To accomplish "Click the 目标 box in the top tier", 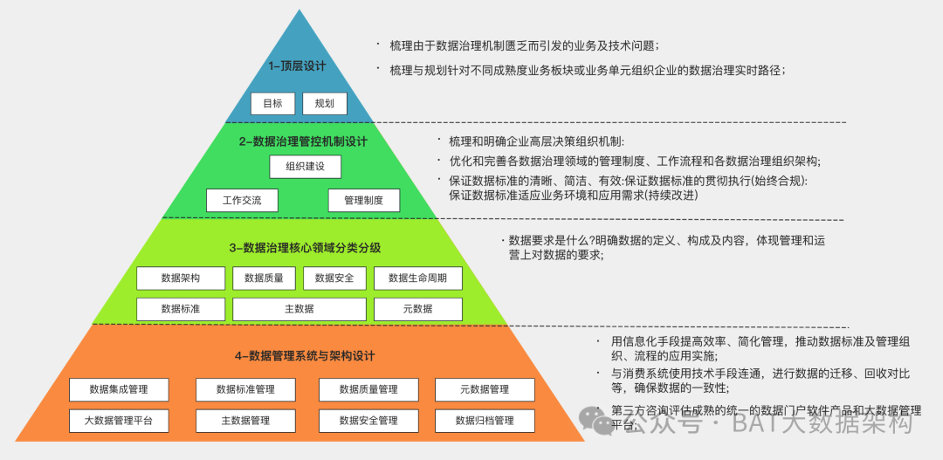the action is [x=272, y=104].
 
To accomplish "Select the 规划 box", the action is [x=325, y=104].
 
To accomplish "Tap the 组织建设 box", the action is [x=305, y=167].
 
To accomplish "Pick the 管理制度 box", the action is [x=364, y=200].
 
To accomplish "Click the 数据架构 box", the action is [x=181, y=278].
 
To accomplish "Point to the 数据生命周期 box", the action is [x=417, y=278].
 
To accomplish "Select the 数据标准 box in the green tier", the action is [x=181, y=309].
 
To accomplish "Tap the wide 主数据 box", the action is [x=299, y=309].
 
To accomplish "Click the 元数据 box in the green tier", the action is [x=417, y=309].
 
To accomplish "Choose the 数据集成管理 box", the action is [x=119, y=389].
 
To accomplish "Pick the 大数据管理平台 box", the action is [x=119, y=421].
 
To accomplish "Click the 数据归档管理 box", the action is [x=485, y=421].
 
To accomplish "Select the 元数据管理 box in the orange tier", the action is [x=485, y=389].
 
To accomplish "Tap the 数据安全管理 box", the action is [x=368, y=421].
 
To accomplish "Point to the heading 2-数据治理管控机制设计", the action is [x=303, y=141].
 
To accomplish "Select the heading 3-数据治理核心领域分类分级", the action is [x=305, y=248].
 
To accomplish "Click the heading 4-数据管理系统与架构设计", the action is [x=305, y=356].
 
